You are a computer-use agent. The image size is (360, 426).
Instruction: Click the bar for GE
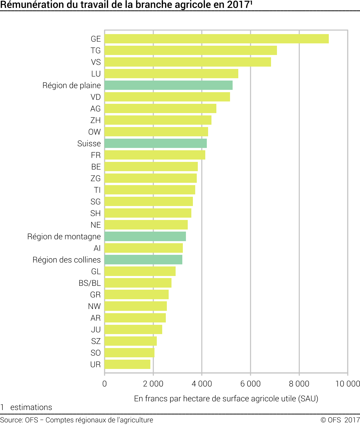click(x=217, y=39)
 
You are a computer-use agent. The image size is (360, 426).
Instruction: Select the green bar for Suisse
click(x=156, y=143)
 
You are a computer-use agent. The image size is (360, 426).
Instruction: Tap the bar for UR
click(x=127, y=364)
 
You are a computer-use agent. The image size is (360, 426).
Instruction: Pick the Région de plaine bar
click(x=169, y=85)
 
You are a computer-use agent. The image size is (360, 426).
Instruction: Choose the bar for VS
click(x=188, y=62)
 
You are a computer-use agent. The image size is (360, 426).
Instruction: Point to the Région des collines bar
click(x=143, y=260)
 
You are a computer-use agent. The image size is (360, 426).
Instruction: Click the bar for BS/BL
click(x=138, y=283)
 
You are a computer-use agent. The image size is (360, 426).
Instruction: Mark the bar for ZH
click(x=158, y=120)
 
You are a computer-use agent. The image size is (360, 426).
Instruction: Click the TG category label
click(x=96, y=50)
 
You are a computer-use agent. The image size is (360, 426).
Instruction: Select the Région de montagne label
click(x=64, y=236)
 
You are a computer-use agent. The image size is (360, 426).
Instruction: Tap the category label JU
click(x=96, y=329)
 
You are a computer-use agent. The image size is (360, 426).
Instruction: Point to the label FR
click(x=96, y=155)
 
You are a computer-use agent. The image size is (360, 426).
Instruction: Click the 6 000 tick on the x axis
click(x=250, y=384)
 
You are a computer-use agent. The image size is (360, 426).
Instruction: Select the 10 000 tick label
click(x=347, y=384)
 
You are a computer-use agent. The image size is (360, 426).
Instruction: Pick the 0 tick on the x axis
click(x=104, y=384)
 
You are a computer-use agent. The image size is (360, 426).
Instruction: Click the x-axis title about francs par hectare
click(x=226, y=399)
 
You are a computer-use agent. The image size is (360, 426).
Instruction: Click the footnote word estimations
click(x=31, y=407)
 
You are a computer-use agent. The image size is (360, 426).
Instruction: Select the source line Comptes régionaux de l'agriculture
click(x=99, y=420)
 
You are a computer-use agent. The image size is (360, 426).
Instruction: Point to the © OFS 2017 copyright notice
click(x=340, y=420)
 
